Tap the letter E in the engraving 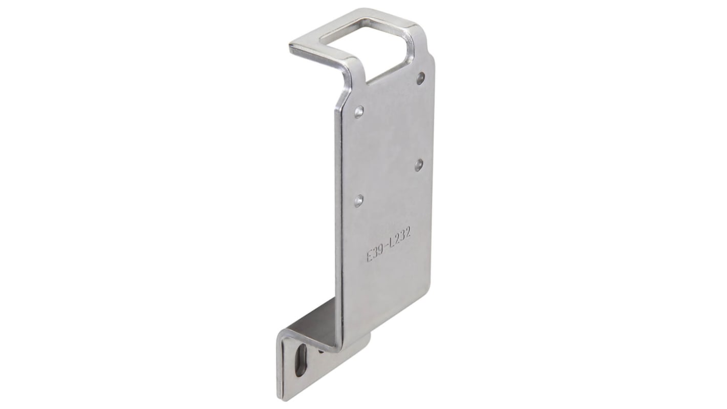(369, 256)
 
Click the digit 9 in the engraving (380, 250)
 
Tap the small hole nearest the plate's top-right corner (420, 78)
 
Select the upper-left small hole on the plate (359, 110)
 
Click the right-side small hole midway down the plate (419, 164)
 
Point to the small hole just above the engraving (358, 199)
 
